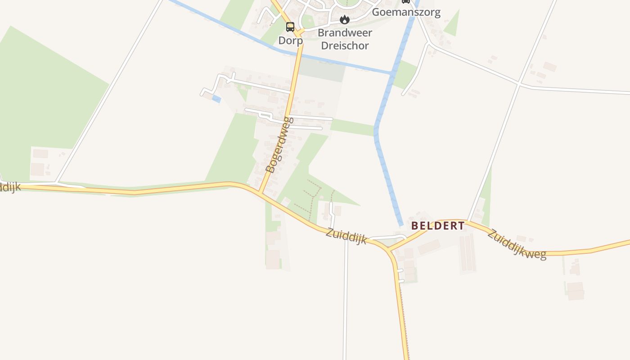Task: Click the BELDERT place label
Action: [x=438, y=226]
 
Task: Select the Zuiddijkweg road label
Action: [x=517, y=244]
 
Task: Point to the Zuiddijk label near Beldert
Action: [x=346, y=236]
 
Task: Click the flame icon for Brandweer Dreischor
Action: [x=345, y=19]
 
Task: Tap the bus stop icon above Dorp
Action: [x=290, y=27]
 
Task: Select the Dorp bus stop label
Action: [x=290, y=40]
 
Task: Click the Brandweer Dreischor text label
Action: [x=345, y=39]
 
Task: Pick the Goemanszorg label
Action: [x=406, y=12]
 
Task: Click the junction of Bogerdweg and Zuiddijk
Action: [x=260, y=193]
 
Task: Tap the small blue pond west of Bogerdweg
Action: [x=216, y=99]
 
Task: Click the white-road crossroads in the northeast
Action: [x=519, y=84]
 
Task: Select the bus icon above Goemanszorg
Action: [x=406, y=1]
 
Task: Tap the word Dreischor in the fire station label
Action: [x=345, y=45]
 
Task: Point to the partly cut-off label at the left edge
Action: [x=9, y=188]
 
